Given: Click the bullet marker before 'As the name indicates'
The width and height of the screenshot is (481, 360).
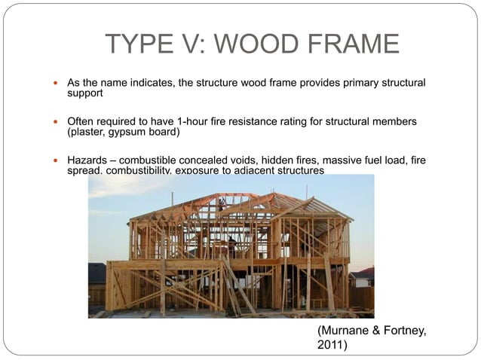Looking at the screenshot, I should coord(55,81).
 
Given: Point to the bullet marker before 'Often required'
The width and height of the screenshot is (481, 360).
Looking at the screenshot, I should coord(55,121).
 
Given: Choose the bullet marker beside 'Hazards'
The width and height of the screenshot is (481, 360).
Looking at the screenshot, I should coord(55,161).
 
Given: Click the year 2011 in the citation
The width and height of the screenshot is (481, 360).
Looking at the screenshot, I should coord(330,346).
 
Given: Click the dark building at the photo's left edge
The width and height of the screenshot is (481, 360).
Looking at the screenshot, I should coord(97,282).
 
